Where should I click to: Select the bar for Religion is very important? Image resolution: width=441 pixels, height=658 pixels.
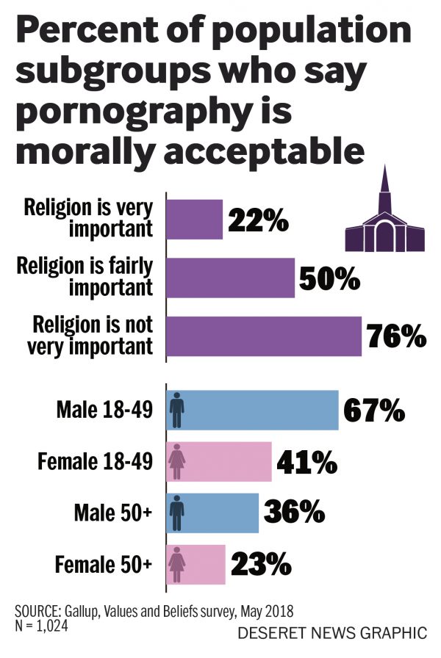[x=195, y=219]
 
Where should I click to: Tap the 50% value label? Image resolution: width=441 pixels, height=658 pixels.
[x=330, y=278]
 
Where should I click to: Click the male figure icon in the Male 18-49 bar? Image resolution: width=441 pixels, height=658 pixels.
[x=177, y=410]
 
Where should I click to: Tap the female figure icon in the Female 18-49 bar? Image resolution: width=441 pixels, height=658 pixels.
[x=177, y=462]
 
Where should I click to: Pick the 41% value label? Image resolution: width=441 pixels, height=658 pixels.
[x=306, y=463]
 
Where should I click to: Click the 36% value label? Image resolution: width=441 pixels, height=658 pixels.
[x=294, y=513]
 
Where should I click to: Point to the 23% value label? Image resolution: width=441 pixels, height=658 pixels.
[x=261, y=565]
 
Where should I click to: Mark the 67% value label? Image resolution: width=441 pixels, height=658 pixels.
[x=374, y=411]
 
